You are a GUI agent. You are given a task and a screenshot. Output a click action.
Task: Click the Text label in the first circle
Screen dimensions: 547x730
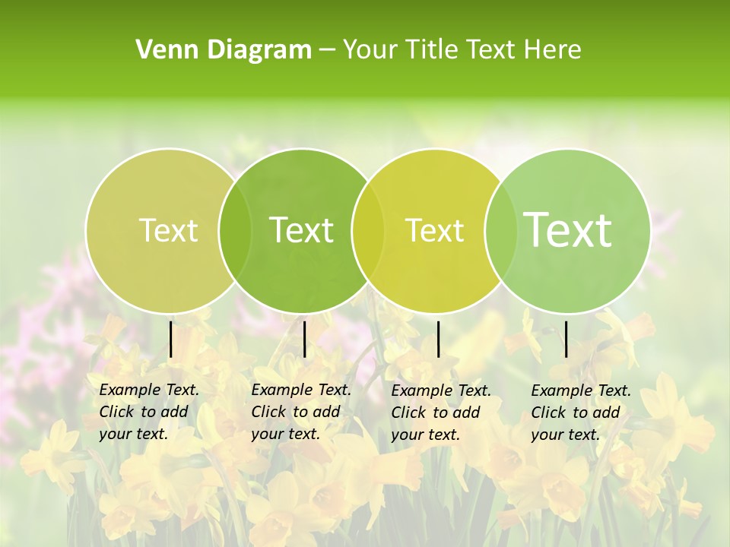(x=168, y=230)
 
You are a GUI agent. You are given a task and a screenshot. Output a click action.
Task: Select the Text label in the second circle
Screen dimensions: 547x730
(x=301, y=230)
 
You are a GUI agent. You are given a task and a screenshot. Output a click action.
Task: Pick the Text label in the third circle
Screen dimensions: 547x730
(x=434, y=230)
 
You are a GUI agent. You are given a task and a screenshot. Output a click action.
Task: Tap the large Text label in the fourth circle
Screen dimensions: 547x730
(x=567, y=230)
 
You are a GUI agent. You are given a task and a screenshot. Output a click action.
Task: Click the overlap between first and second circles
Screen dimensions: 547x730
(x=235, y=230)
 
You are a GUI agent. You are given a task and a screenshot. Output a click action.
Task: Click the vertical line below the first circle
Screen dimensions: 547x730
(x=171, y=340)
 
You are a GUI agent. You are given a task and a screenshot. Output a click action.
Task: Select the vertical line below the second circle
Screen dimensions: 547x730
(x=304, y=340)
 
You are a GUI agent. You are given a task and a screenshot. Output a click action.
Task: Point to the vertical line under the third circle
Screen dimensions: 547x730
(x=438, y=340)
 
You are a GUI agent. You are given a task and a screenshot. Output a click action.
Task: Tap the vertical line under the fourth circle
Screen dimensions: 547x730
(x=566, y=340)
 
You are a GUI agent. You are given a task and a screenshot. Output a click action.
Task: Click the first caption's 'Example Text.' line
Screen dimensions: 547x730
(x=149, y=390)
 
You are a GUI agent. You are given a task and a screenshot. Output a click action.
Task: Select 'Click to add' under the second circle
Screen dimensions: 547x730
(x=295, y=412)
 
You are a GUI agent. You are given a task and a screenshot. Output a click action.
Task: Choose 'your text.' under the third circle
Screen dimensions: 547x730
(x=425, y=435)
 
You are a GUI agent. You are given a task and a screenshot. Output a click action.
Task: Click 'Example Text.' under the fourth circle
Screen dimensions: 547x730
(x=581, y=390)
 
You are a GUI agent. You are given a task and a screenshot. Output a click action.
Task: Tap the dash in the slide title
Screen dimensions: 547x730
(x=327, y=50)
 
